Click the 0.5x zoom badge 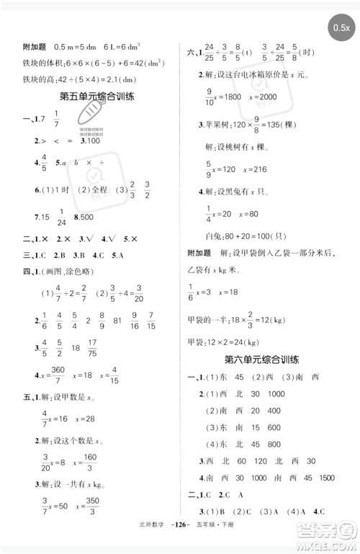point(341,28)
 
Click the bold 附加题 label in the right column point(198,253)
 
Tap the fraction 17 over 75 point(92,348)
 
